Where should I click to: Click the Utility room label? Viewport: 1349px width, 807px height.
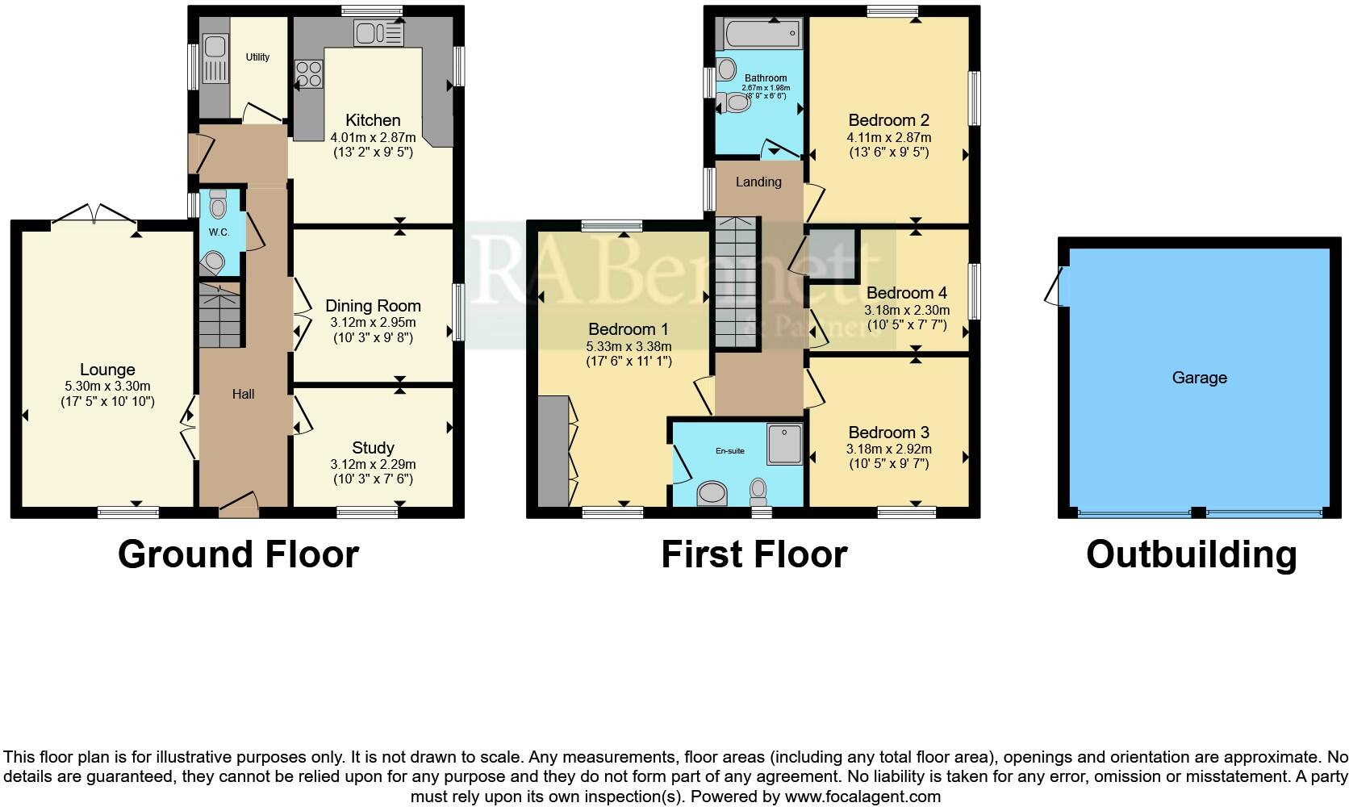(x=257, y=57)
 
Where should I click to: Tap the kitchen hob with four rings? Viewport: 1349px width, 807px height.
(x=308, y=74)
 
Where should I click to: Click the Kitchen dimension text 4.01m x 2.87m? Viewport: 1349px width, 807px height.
(x=373, y=137)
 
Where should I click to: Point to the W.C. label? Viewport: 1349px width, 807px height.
(x=219, y=232)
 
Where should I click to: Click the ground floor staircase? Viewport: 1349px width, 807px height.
(x=220, y=316)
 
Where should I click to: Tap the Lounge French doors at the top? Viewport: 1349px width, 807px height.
(x=94, y=213)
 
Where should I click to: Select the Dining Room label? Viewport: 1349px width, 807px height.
(x=373, y=306)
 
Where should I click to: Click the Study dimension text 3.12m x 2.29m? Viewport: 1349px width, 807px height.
(x=373, y=464)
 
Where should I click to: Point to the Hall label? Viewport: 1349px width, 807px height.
(x=243, y=394)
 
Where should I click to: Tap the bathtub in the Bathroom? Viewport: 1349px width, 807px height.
(x=761, y=35)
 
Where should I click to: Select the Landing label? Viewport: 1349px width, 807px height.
(x=758, y=182)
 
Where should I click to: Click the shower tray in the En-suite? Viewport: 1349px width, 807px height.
(x=784, y=444)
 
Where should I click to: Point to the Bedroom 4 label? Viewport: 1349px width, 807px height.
(x=906, y=293)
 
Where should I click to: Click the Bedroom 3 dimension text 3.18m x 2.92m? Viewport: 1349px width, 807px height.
(x=888, y=449)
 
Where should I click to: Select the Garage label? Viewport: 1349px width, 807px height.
(x=1199, y=378)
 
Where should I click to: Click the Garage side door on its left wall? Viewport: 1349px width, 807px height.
(x=1054, y=288)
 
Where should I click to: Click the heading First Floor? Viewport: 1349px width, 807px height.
(x=754, y=555)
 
